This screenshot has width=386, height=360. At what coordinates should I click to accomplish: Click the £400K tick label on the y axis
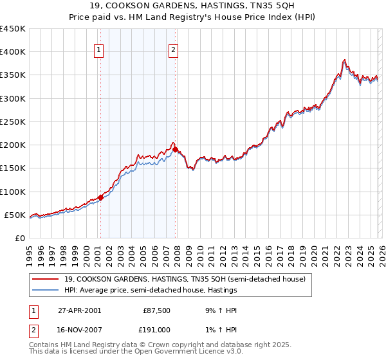pos(13,52)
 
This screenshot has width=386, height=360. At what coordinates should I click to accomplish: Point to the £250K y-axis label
pos(13,122)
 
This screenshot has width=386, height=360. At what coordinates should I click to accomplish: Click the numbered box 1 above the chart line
pos(100,51)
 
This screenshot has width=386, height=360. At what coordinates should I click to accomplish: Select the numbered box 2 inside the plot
pos(174,51)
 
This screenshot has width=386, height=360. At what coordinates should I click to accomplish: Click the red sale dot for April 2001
pos(101,197)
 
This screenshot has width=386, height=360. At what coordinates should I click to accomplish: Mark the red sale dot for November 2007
pos(176,149)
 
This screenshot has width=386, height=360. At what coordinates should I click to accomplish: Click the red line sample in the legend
pos(45,279)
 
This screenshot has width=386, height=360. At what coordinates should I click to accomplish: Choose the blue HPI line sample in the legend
pos(45,289)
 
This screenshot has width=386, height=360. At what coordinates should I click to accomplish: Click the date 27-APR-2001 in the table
pos(79,310)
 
